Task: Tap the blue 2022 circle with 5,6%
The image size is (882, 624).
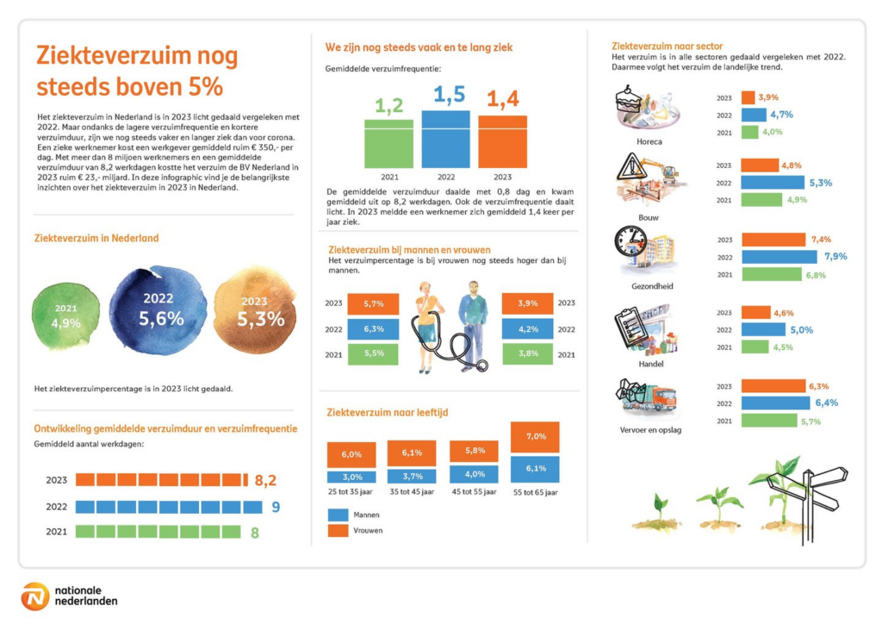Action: (158, 310)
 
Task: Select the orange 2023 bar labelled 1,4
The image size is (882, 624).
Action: (502, 142)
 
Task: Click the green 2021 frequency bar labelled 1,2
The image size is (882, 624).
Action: (388, 143)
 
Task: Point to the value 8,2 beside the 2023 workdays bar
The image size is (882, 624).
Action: (265, 480)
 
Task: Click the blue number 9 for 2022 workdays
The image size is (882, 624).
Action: (276, 507)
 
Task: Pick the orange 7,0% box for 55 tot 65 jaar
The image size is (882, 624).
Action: (535, 437)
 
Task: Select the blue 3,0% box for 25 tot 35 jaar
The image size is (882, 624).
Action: (351, 477)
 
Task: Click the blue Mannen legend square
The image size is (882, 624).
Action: (338, 515)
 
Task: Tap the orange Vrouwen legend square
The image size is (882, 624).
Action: (338, 530)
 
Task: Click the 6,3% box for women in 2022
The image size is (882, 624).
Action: (373, 329)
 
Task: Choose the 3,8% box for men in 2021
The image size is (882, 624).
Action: (528, 354)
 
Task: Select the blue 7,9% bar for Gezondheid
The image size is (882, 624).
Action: (779, 257)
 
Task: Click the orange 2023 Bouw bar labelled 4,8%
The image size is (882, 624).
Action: (760, 165)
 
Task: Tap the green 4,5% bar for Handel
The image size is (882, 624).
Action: (755, 347)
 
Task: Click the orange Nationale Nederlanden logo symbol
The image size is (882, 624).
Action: (34, 596)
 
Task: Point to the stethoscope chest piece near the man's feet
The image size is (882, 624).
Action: (481, 365)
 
